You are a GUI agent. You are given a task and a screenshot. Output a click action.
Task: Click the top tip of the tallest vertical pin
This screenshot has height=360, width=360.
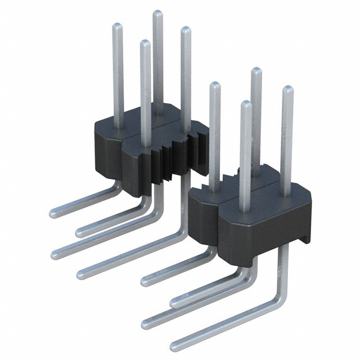[158, 13]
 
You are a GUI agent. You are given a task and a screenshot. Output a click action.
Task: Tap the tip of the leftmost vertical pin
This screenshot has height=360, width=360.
[118, 26]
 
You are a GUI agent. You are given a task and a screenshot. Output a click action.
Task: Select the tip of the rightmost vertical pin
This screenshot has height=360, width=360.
[287, 89]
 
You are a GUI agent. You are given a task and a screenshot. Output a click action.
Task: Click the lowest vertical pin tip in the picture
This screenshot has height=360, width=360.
[245, 104]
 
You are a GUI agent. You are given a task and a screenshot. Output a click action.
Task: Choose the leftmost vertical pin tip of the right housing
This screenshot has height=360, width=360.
[214, 85]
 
